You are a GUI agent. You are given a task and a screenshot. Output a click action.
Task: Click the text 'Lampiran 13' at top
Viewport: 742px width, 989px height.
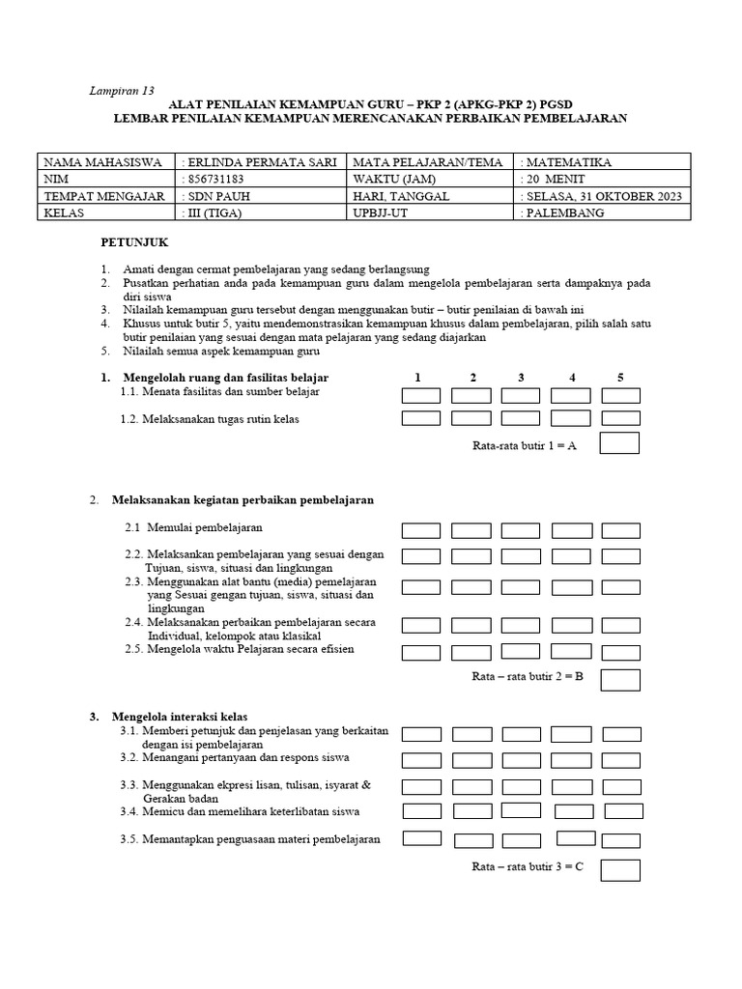coord(122,91)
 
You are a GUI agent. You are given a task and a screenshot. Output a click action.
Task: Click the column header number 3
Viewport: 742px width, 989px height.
coord(521,378)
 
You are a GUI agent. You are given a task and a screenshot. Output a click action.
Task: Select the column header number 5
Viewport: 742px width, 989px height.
coord(620,378)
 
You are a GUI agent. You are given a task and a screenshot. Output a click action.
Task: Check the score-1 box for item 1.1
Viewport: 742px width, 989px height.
coord(421,395)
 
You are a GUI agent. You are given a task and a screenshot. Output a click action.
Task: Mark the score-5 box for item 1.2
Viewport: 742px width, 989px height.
coord(620,418)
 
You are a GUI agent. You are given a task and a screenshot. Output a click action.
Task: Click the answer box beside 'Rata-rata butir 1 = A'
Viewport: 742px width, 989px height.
coord(619,443)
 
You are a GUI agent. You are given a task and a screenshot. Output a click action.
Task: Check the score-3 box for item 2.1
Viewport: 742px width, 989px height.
coord(521,530)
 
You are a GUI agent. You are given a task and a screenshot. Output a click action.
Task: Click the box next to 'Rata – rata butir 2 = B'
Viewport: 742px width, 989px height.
coord(620,679)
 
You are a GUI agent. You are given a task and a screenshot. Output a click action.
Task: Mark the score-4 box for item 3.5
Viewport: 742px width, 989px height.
coord(576,838)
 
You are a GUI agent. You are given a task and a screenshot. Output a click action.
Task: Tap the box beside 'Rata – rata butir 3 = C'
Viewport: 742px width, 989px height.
coord(620,869)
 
